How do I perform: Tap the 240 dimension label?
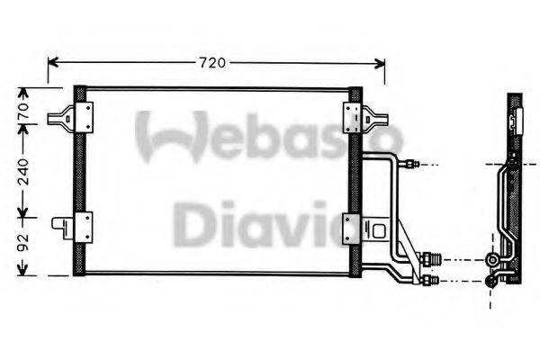(x=24, y=168)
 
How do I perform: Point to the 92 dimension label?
(x=24, y=241)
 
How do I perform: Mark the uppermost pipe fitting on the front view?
(x=410, y=165)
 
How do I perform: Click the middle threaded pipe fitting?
(x=430, y=260)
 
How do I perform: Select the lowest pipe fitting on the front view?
(x=431, y=281)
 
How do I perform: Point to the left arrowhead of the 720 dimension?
(x=52, y=63)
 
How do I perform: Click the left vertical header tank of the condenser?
(x=80, y=180)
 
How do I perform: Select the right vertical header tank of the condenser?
(x=355, y=180)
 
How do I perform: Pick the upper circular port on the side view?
(x=491, y=261)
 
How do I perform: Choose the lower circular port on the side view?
(x=491, y=281)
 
